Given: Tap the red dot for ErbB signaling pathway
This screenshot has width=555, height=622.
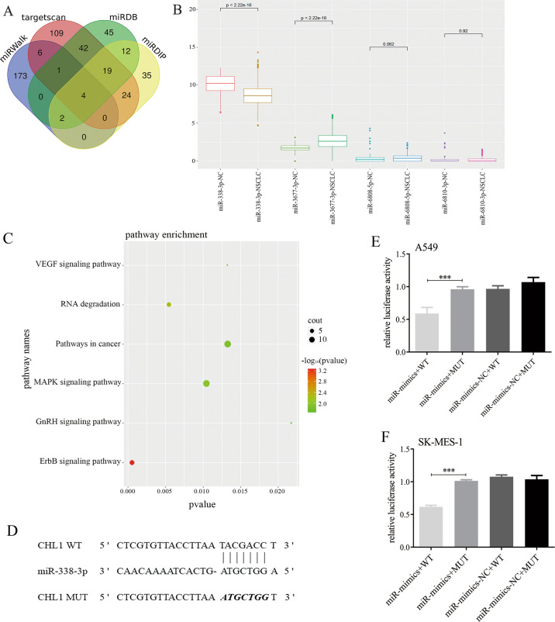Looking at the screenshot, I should click(x=133, y=462).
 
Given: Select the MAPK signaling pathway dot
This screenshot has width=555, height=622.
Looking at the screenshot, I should click(x=206, y=383).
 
